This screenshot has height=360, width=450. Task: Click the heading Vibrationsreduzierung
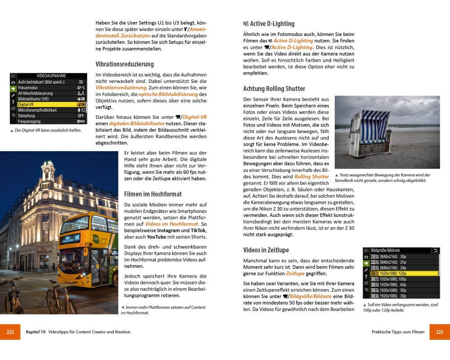coord(125,64)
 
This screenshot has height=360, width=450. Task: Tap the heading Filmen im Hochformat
coord(153,194)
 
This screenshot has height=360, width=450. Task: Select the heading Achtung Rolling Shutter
coord(274,89)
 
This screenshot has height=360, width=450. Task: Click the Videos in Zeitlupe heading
coord(266,250)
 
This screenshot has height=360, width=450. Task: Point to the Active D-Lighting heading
coord(272,24)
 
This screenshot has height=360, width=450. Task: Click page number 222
coord(10,332)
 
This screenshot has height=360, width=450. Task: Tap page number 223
coord(440,332)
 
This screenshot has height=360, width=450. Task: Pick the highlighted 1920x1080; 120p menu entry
coord(404,273)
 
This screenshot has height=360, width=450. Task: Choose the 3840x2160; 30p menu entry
coord(404,256)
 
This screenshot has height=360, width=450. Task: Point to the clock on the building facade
coord(45,195)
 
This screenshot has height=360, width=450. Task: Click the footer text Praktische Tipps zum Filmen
coord(398,332)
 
